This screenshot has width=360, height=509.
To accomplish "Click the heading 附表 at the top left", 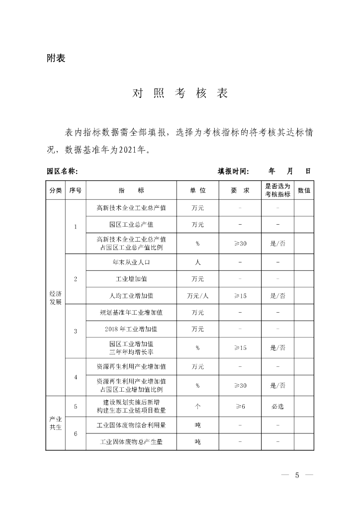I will (x=56, y=58).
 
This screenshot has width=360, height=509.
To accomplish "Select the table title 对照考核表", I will (x=180, y=93).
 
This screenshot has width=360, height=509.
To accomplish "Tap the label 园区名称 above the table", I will (x=62, y=171).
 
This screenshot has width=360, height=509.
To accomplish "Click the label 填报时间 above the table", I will (x=233, y=171).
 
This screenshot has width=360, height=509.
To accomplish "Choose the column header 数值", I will (x=304, y=190).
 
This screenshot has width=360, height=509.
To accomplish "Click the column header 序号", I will (x=76, y=190).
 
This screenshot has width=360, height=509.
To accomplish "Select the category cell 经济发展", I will (x=56, y=298).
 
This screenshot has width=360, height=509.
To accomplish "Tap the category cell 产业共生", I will (x=56, y=423).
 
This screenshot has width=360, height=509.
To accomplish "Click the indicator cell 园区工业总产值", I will (x=131, y=225).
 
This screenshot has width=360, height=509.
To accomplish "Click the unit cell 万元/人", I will (x=197, y=295).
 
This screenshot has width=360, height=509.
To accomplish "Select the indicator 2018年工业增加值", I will (x=131, y=329).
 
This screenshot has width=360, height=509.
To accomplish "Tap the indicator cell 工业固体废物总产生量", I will (x=131, y=441).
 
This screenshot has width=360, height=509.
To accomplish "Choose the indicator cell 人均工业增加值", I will (x=131, y=295).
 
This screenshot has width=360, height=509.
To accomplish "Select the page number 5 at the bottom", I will (x=297, y=475).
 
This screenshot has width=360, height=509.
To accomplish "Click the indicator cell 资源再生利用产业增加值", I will (x=131, y=366).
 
